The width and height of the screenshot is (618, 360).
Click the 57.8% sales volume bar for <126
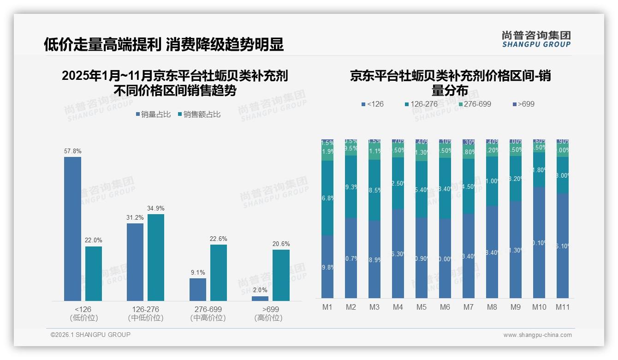pyautogui.click(x=72, y=229)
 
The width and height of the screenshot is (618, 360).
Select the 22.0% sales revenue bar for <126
pyautogui.click(x=94, y=274)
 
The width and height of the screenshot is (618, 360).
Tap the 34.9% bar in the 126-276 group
pyautogui.click(x=156, y=258)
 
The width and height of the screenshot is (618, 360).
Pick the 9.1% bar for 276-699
pyautogui.click(x=198, y=289)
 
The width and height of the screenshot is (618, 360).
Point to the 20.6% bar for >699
pyautogui.click(x=281, y=276)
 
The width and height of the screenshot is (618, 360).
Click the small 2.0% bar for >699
pyautogui.click(x=260, y=299)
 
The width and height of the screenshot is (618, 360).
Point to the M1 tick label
pyautogui.click(x=327, y=307)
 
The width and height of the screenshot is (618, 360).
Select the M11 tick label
pyautogui.click(x=563, y=307)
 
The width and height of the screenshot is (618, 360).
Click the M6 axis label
pyautogui.click(x=445, y=307)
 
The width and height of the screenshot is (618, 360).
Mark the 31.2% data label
pyautogui.click(x=135, y=217)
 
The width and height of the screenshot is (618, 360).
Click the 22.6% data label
pyautogui.click(x=219, y=239)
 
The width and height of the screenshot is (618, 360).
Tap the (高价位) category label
pyautogui.click(x=268, y=318)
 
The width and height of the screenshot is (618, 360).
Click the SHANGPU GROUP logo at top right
pyautogui.click(x=536, y=39)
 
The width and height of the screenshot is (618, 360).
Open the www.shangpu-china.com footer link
pyautogui.click(x=537, y=335)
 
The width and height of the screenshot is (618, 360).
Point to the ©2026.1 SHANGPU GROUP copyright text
pyautogui.click(x=90, y=335)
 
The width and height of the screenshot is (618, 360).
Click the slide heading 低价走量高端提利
pyautogui.click(x=102, y=44)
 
